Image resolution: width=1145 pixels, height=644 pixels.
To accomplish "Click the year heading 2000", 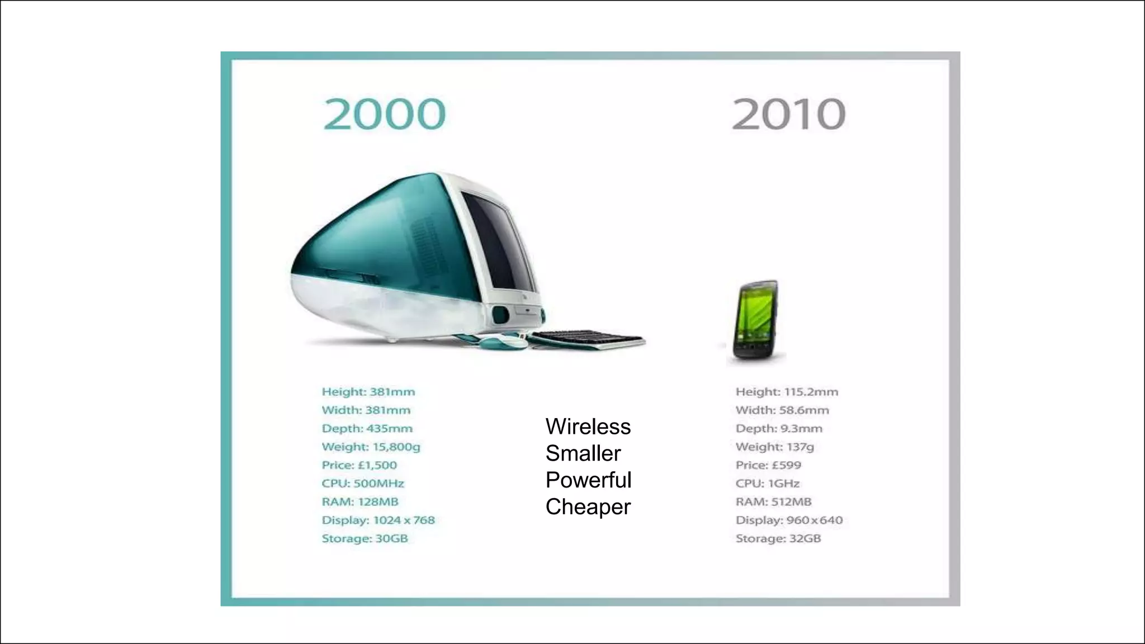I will (x=385, y=115).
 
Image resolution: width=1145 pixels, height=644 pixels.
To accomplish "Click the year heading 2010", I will (x=788, y=115).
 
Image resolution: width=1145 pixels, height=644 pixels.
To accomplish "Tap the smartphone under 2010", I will (x=756, y=321).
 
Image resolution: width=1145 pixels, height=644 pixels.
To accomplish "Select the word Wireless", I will (x=588, y=427).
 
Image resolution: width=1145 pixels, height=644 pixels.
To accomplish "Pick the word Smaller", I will (x=583, y=453).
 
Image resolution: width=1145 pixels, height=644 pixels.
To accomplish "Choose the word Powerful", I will (x=588, y=480).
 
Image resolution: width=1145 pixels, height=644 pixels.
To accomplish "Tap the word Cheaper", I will (x=588, y=507).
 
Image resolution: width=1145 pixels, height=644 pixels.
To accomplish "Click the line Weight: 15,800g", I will (x=371, y=447).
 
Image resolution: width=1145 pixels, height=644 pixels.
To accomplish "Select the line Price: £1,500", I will (x=359, y=465).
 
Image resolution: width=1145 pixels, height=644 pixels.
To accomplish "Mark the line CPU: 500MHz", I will (x=363, y=484).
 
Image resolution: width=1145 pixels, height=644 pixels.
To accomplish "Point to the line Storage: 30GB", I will (x=365, y=538).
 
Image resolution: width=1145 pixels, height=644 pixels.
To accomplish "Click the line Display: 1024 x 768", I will (x=378, y=520).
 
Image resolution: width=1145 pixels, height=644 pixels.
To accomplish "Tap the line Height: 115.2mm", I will (x=787, y=392).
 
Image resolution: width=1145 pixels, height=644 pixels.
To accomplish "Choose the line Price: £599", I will (x=768, y=465).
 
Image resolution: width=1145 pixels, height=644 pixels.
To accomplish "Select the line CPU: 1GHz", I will (x=768, y=484).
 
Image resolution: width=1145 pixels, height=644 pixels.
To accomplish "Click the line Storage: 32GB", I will (x=778, y=538).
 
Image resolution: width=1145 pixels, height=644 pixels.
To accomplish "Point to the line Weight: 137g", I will (x=774, y=447).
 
